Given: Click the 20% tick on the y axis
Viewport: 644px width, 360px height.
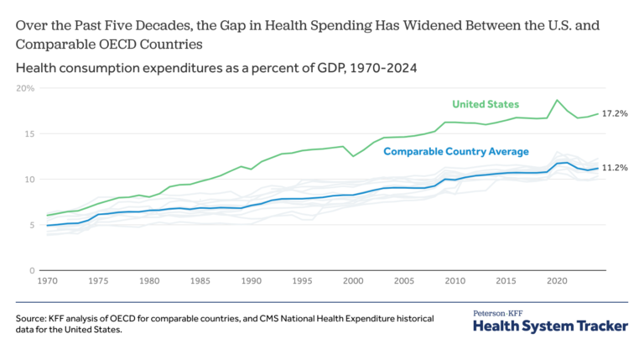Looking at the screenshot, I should [x=25, y=88].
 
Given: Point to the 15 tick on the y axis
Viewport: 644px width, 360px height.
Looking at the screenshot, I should [x=27, y=133].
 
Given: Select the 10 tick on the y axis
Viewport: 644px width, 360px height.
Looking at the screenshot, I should [x=27, y=180].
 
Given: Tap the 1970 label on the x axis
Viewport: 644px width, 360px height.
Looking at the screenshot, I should [x=47, y=281].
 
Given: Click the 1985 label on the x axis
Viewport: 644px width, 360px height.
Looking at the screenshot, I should [x=200, y=281].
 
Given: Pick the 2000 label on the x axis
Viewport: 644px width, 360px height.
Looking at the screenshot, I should [x=353, y=281].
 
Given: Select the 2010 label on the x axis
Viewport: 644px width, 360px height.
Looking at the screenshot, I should [x=454, y=281].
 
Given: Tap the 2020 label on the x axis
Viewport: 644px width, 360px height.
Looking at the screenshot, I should [x=557, y=281].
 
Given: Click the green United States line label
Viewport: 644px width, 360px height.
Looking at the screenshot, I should [x=486, y=104].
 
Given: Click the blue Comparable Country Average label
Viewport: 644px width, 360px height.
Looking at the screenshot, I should [x=456, y=152].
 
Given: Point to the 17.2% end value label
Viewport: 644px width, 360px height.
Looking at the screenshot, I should [x=615, y=113].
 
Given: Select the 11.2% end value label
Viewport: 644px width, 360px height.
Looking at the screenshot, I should [x=615, y=168].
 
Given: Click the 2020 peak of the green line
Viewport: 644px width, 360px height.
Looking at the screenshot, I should [x=557, y=100].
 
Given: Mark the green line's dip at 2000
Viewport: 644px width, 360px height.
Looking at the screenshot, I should [x=353, y=156].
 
